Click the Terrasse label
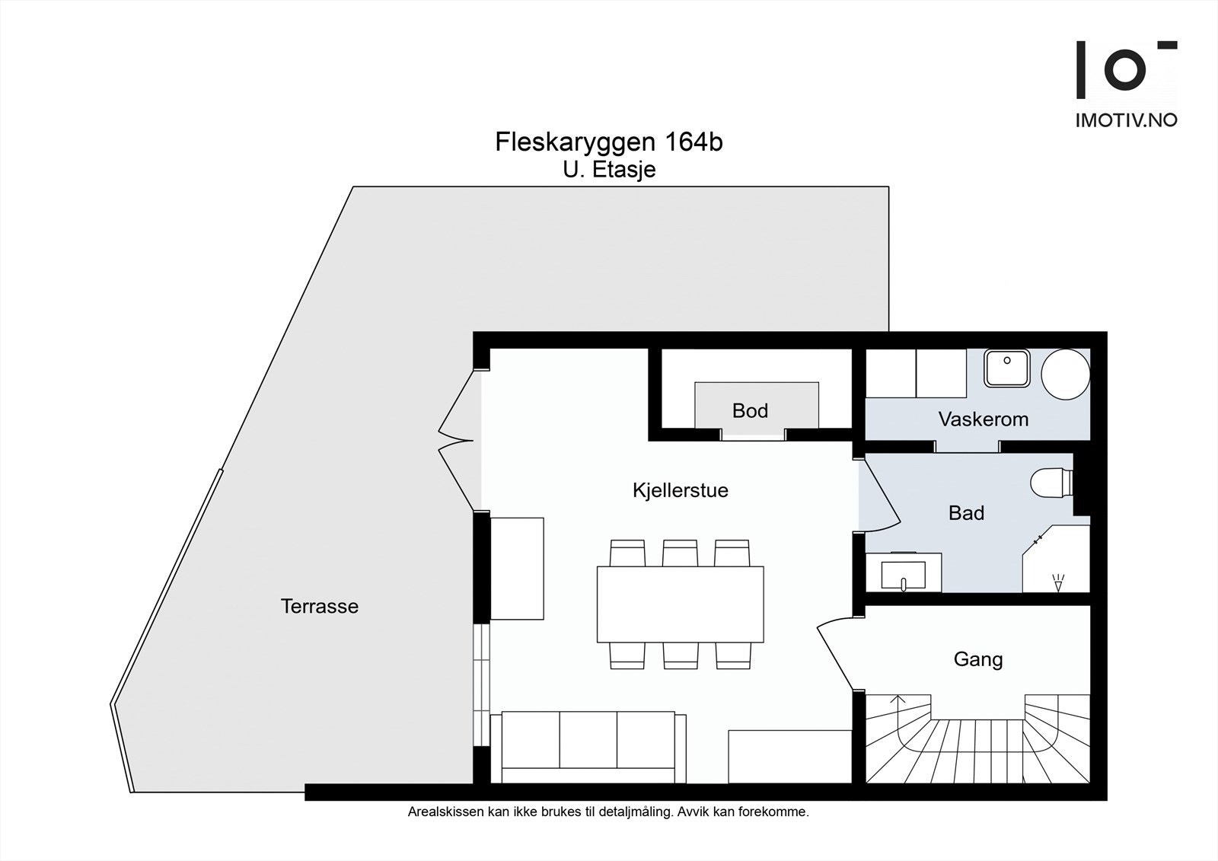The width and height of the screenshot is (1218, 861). pos(319,607)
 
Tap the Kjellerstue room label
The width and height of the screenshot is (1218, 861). pos(680,490)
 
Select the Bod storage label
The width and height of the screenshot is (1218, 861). pos(750,411)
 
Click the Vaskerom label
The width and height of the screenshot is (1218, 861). pos(983,419)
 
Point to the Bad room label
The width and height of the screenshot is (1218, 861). pos(966,513)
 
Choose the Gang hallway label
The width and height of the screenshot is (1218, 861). pos(977,659)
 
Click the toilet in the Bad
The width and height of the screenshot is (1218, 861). pos(1051,482)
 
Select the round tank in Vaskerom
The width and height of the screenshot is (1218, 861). pos(1065,375)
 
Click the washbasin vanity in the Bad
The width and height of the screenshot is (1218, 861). pos(904,572)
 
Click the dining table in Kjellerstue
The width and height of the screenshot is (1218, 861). pos(680,604)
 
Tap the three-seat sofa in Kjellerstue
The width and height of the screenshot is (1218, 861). pos(588,748)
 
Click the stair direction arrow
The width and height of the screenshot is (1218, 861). pos(898,700)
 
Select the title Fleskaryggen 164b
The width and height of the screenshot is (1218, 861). pos(608,142)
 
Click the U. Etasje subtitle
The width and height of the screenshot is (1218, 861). pos(609,170)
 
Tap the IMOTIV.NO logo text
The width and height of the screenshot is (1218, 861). pos(1126,120)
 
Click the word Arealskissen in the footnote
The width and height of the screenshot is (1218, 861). pos(445,812)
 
